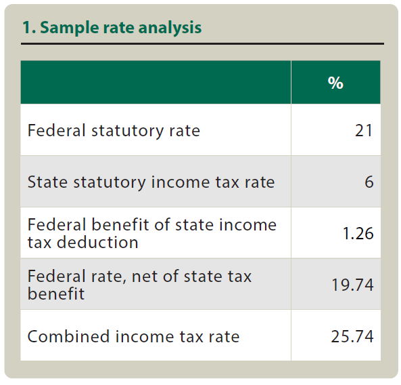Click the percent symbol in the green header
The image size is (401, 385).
coord(335,83)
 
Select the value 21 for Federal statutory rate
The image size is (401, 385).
coord(364,131)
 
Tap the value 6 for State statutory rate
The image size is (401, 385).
coord(369,182)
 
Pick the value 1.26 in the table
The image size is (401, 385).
coord(358,234)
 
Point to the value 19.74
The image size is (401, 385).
coord(353,285)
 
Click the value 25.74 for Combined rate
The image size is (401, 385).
coord(352,336)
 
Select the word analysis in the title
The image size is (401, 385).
coord(170,28)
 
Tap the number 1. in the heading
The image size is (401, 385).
coord(29,28)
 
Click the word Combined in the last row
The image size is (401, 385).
coord(68,336)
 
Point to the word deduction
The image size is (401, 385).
coord(97,242)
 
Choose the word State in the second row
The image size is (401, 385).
coord(47,182)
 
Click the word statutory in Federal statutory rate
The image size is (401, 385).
coord(127,131)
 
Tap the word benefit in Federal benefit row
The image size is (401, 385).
coord(120,225)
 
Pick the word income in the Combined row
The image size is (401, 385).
coord(145,336)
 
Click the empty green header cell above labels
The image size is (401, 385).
coord(156,82)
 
